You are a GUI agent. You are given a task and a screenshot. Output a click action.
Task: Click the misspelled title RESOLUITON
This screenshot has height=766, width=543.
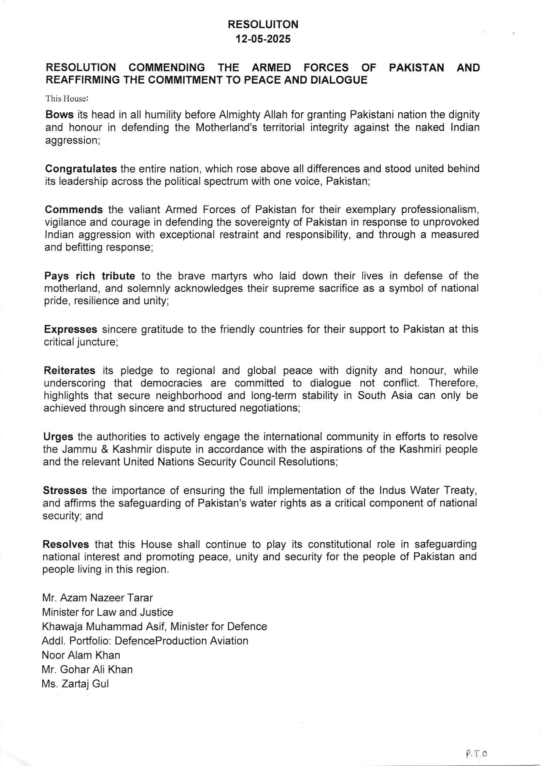[x=263, y=24]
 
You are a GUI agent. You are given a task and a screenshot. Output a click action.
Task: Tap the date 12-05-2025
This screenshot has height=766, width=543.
[x=263, y=39]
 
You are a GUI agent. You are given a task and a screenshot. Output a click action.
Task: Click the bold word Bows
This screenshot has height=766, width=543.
[x=59, y=115]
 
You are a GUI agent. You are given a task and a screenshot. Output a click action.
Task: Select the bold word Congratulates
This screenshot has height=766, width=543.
[x=81, y=169]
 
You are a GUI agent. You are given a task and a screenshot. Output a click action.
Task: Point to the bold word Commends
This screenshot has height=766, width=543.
[x=74, y=209]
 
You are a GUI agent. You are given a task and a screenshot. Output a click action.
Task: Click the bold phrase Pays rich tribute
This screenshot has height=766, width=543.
[x=90, y=276]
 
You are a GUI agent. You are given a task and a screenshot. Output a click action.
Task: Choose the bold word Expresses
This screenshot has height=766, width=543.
[x=71, y=330]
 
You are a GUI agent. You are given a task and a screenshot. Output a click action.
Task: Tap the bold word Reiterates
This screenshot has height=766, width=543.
[x=70, y=371]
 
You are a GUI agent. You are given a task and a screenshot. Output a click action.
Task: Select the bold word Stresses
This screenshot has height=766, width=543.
[x=65, y=490]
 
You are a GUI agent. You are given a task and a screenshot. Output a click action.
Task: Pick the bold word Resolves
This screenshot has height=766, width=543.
[x=66, y=545]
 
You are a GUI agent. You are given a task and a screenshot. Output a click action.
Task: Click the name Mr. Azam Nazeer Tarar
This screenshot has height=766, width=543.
[x=97, y=598]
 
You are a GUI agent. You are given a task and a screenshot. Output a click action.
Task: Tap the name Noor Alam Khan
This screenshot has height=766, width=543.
[x=81, y=655]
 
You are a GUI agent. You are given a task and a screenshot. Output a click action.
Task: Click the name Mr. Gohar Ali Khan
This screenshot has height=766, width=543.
[x=87, y=669]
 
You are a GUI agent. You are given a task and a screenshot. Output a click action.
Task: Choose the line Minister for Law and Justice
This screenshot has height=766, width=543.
[x=108, y=612]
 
